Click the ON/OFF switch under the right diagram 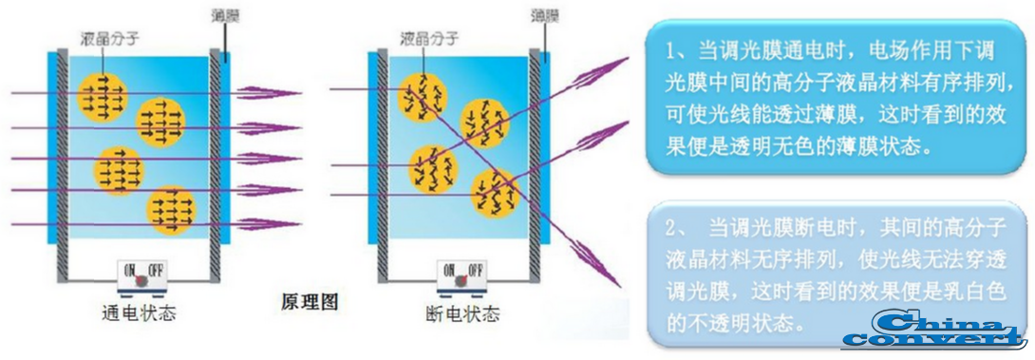tap(461, 275)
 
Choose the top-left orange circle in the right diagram tap(420, 93)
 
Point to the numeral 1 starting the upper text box tap(670, 48)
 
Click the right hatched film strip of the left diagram tap(217, 161)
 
